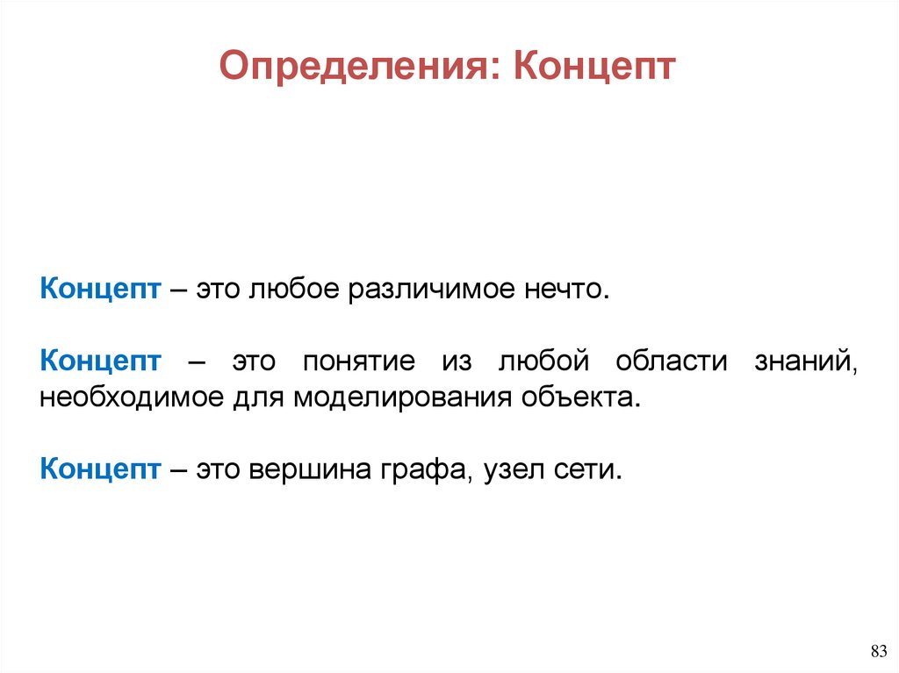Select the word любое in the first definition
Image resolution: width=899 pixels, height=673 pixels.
pyautogui.click(x=291, y=290)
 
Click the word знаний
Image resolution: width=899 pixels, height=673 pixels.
pyautogui.click(x=805, y=362)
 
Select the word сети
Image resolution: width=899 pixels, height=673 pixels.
pyautogui.click(x=589, y=469)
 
